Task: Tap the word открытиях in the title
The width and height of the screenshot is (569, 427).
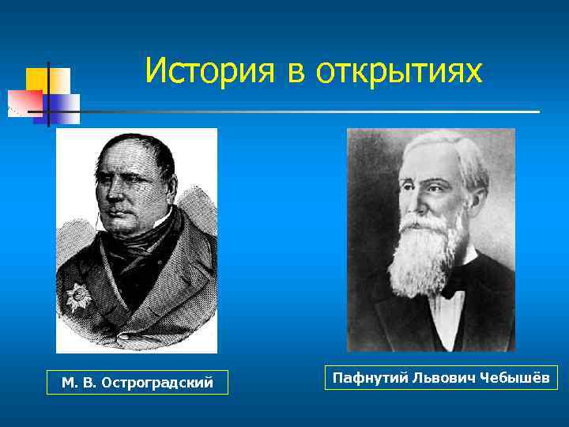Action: (x=398, y=72)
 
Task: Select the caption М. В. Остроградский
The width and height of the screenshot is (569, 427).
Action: (x=138, y=383)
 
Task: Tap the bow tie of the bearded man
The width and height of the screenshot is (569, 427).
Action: (x=453, y=290)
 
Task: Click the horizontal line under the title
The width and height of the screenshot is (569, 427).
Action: (x=316, y=111)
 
